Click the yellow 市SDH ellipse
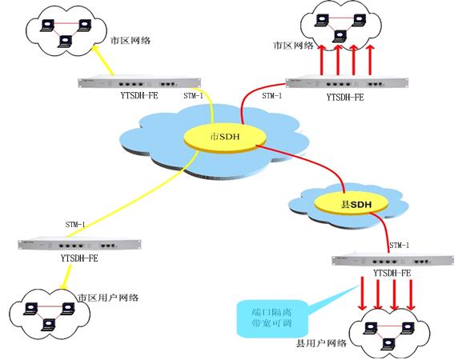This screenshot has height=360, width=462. (221, 138)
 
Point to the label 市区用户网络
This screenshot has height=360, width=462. (109, 297)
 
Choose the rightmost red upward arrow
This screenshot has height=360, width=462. (371, 60)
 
